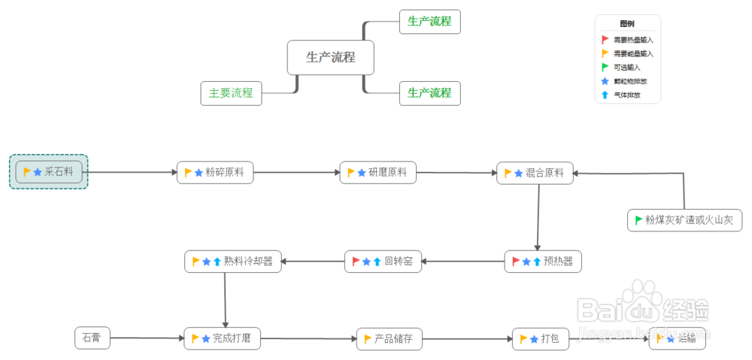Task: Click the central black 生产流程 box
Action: tap(331, 57)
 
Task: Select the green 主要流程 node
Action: tap(231, 93)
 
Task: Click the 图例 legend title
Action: tap(627, 24)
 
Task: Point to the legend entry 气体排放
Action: tap(627, 95)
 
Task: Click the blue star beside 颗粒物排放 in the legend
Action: tap(605, 81)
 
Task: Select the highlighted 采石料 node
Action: tap(49, 172)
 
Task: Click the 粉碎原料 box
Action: tap(215, 173)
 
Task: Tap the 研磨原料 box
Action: tap(378, 173)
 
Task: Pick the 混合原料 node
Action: tap(535, 173)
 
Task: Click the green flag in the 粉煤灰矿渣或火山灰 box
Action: tap(639, 220)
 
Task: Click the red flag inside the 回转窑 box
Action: tap(356, 262)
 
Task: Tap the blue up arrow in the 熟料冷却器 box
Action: tap(217, 262)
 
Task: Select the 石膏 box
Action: tap(92, 338)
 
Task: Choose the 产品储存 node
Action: tap(389, 339)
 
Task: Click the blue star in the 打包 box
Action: tap(534, 339)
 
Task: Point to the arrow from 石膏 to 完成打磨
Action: tap(147, 339)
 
